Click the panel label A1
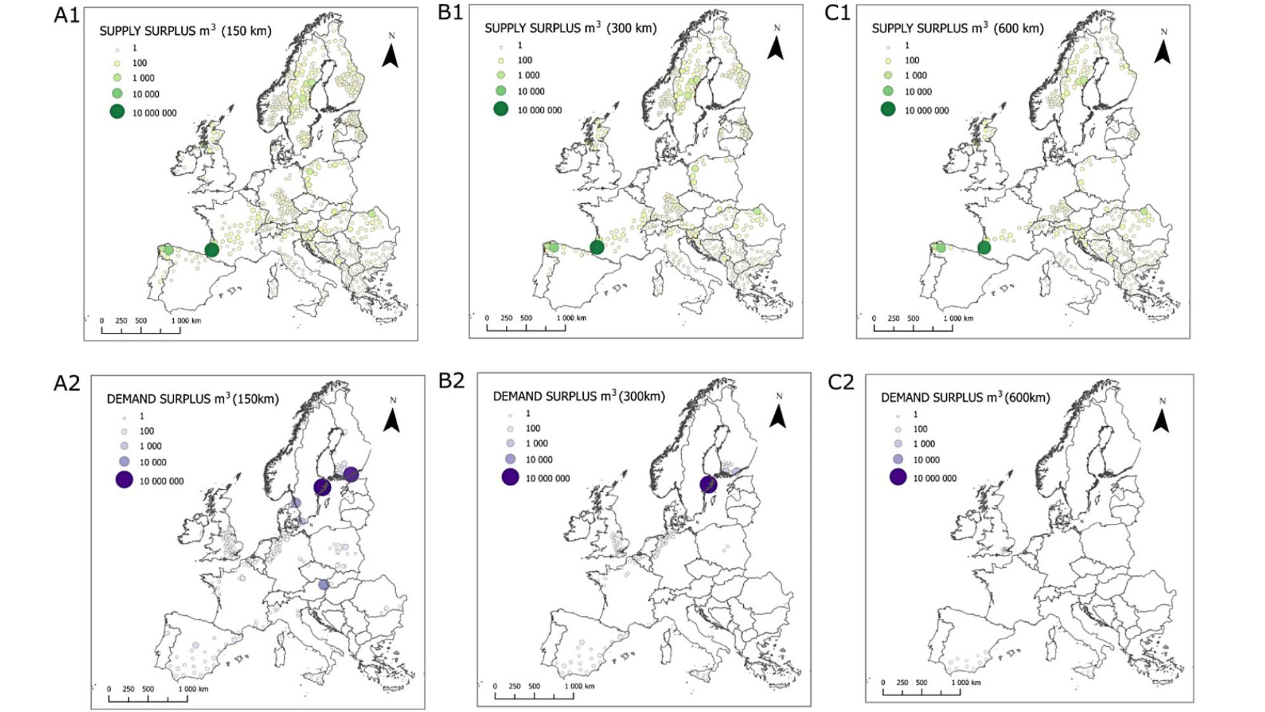coord(66,15)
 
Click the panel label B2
coord(452,380)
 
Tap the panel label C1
coord(837,13)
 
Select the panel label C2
coord(841,382)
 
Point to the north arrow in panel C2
coord(1161,419)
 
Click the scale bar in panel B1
coord(526,327)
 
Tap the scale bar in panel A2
coord(147,698)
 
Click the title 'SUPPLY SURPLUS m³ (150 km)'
coord(185,30)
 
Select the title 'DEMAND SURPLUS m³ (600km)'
coord(965,397)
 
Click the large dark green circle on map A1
coord(212,250)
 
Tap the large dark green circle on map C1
coord(984,248)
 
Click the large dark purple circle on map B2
coord(708,485)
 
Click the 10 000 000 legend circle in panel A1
coord(117,112)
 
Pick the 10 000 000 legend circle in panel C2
coord(898,477)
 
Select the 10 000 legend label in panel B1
coord(531,91)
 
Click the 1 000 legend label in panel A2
coord(151,446)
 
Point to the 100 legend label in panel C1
coord(911,60)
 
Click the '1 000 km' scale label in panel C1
coord(958,318)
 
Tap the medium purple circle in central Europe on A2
coord(323,585)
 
